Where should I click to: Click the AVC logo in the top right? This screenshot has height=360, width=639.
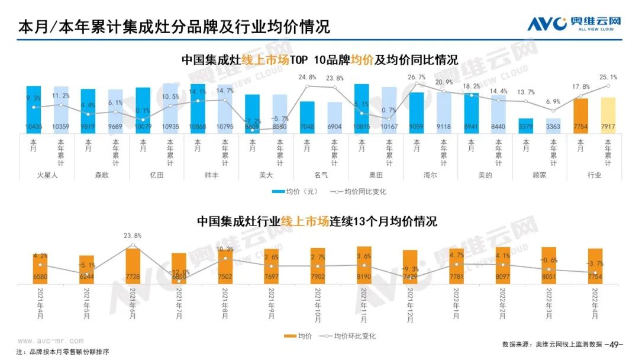(x=574, y=24)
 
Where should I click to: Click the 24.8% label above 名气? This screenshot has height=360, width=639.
(x=306, y=78)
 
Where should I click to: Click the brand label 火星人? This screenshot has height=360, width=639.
(x=47, y=175)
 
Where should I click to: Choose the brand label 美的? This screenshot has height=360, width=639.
(x=485, y=175)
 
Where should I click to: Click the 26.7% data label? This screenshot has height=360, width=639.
(x=417, y=78)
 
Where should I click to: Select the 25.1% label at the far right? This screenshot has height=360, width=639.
(x=608, y=78)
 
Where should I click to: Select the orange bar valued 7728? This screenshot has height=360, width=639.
(x=133, y=263)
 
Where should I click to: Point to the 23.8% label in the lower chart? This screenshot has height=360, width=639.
(x=133, y=236)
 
